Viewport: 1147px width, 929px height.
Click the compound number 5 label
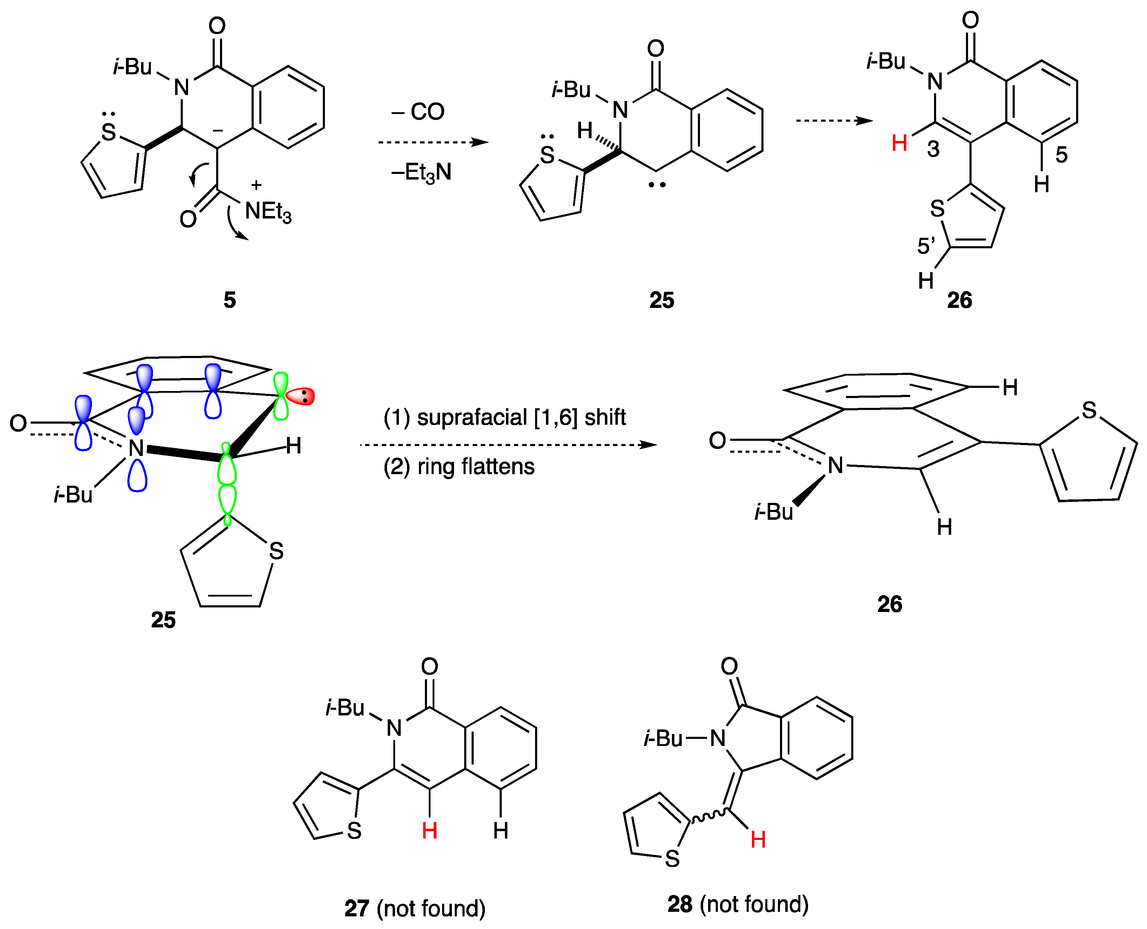[229, 300]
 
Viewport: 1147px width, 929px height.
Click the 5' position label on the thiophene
[926, 246]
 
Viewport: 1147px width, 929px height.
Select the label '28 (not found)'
[738, 904]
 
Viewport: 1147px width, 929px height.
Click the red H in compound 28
[758, 840]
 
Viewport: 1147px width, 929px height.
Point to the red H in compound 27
[429, 830]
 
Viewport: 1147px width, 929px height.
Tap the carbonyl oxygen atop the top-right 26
[970, 20]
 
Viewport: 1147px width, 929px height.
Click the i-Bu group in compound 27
[345, 708]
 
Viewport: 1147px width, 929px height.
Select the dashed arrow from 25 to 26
[834, 120]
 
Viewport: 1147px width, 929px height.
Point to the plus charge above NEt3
[256, 185]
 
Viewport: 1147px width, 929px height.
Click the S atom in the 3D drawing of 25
[276, 551]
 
